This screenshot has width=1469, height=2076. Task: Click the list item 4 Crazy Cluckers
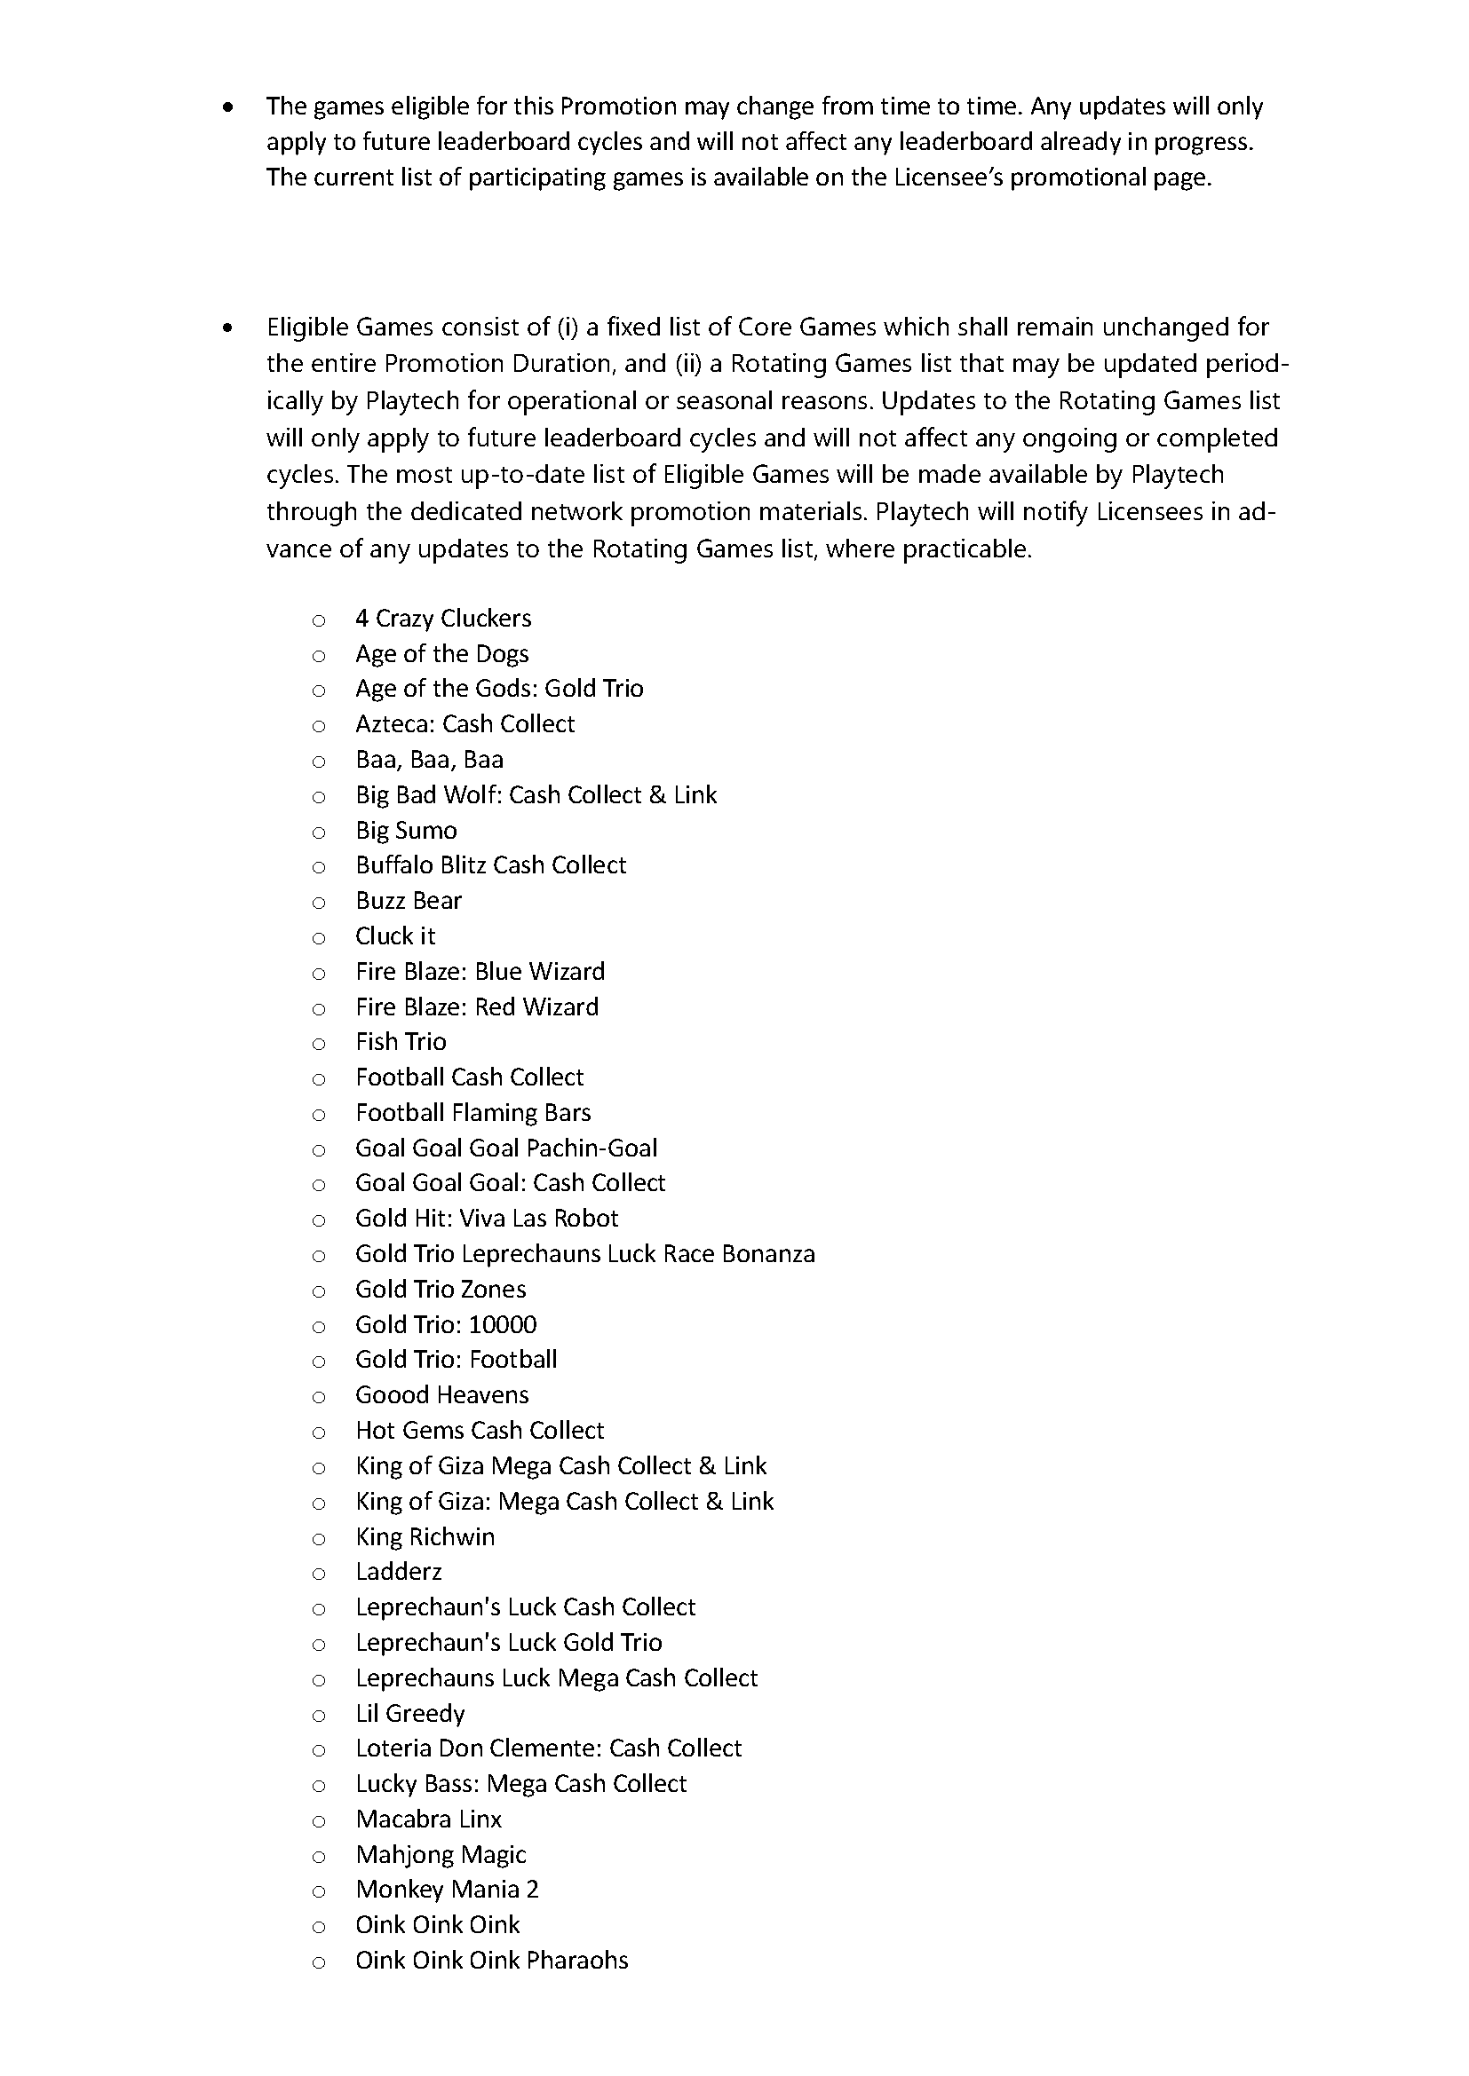pyautogui.click(x=442, y=619)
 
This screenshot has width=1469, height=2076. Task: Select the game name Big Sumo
pyautogui.click(x=406, y=830)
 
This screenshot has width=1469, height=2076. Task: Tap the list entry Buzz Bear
pyautogui.click(x=408, y=901)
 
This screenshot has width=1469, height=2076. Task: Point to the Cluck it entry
pyautogui.click(x=395, y=935)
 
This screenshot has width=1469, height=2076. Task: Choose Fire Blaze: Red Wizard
pyautogui.click(x=477, y=1006)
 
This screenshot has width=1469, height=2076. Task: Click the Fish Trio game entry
pyautogui.click(x=401, y=1042)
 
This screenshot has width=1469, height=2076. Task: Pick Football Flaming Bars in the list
pyautogui.click(x=473, y=1112)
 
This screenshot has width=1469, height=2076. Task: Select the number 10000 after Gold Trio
pyautogui.click(x=503, y=1324)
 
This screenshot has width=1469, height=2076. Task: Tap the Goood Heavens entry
pyautogui.click(x=441, y=1395)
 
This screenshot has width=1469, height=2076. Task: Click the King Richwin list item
pyautogui.click(x=425, y=1537)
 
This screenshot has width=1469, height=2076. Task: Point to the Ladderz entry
pyautogui.click(x=398, y=1573)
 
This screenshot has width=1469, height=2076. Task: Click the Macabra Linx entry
pyautogui.click(x=429, y=1819)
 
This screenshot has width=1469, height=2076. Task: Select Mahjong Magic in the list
pyautogui.click(x=441, y=1854)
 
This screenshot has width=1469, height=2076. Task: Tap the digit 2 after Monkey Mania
pyautogui.click(x=532, y=1890)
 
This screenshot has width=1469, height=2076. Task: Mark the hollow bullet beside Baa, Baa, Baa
pyautogui.click(x=319, y=762)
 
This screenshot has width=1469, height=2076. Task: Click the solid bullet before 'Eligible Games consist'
pyautogui.click(x=227, y=328)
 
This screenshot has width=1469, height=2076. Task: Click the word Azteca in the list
pyautogui.click(x=394, y=724)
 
